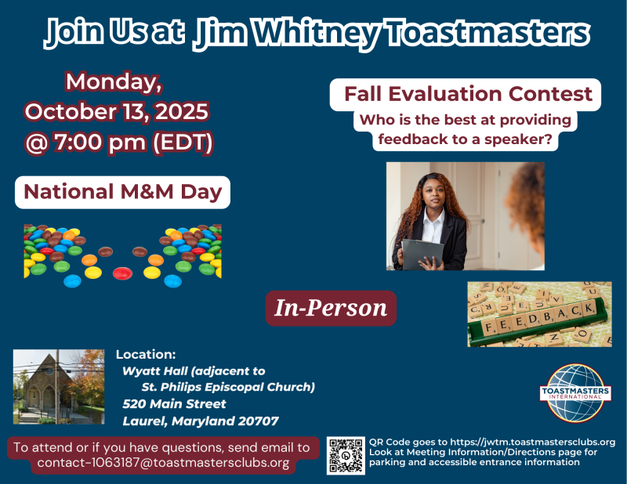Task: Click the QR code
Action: point(345,455)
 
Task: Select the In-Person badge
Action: point(330,309)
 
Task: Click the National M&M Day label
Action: point(122,192)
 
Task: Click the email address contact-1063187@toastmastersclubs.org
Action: point(163,463)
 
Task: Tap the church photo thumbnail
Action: point(59,386)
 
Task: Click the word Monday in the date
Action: point(113,81)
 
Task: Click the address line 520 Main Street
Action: point(174,404)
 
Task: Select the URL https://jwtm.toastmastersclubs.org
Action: point(532,442)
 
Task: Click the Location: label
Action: point(146,353)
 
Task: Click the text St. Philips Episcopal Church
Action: point(228,387)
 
